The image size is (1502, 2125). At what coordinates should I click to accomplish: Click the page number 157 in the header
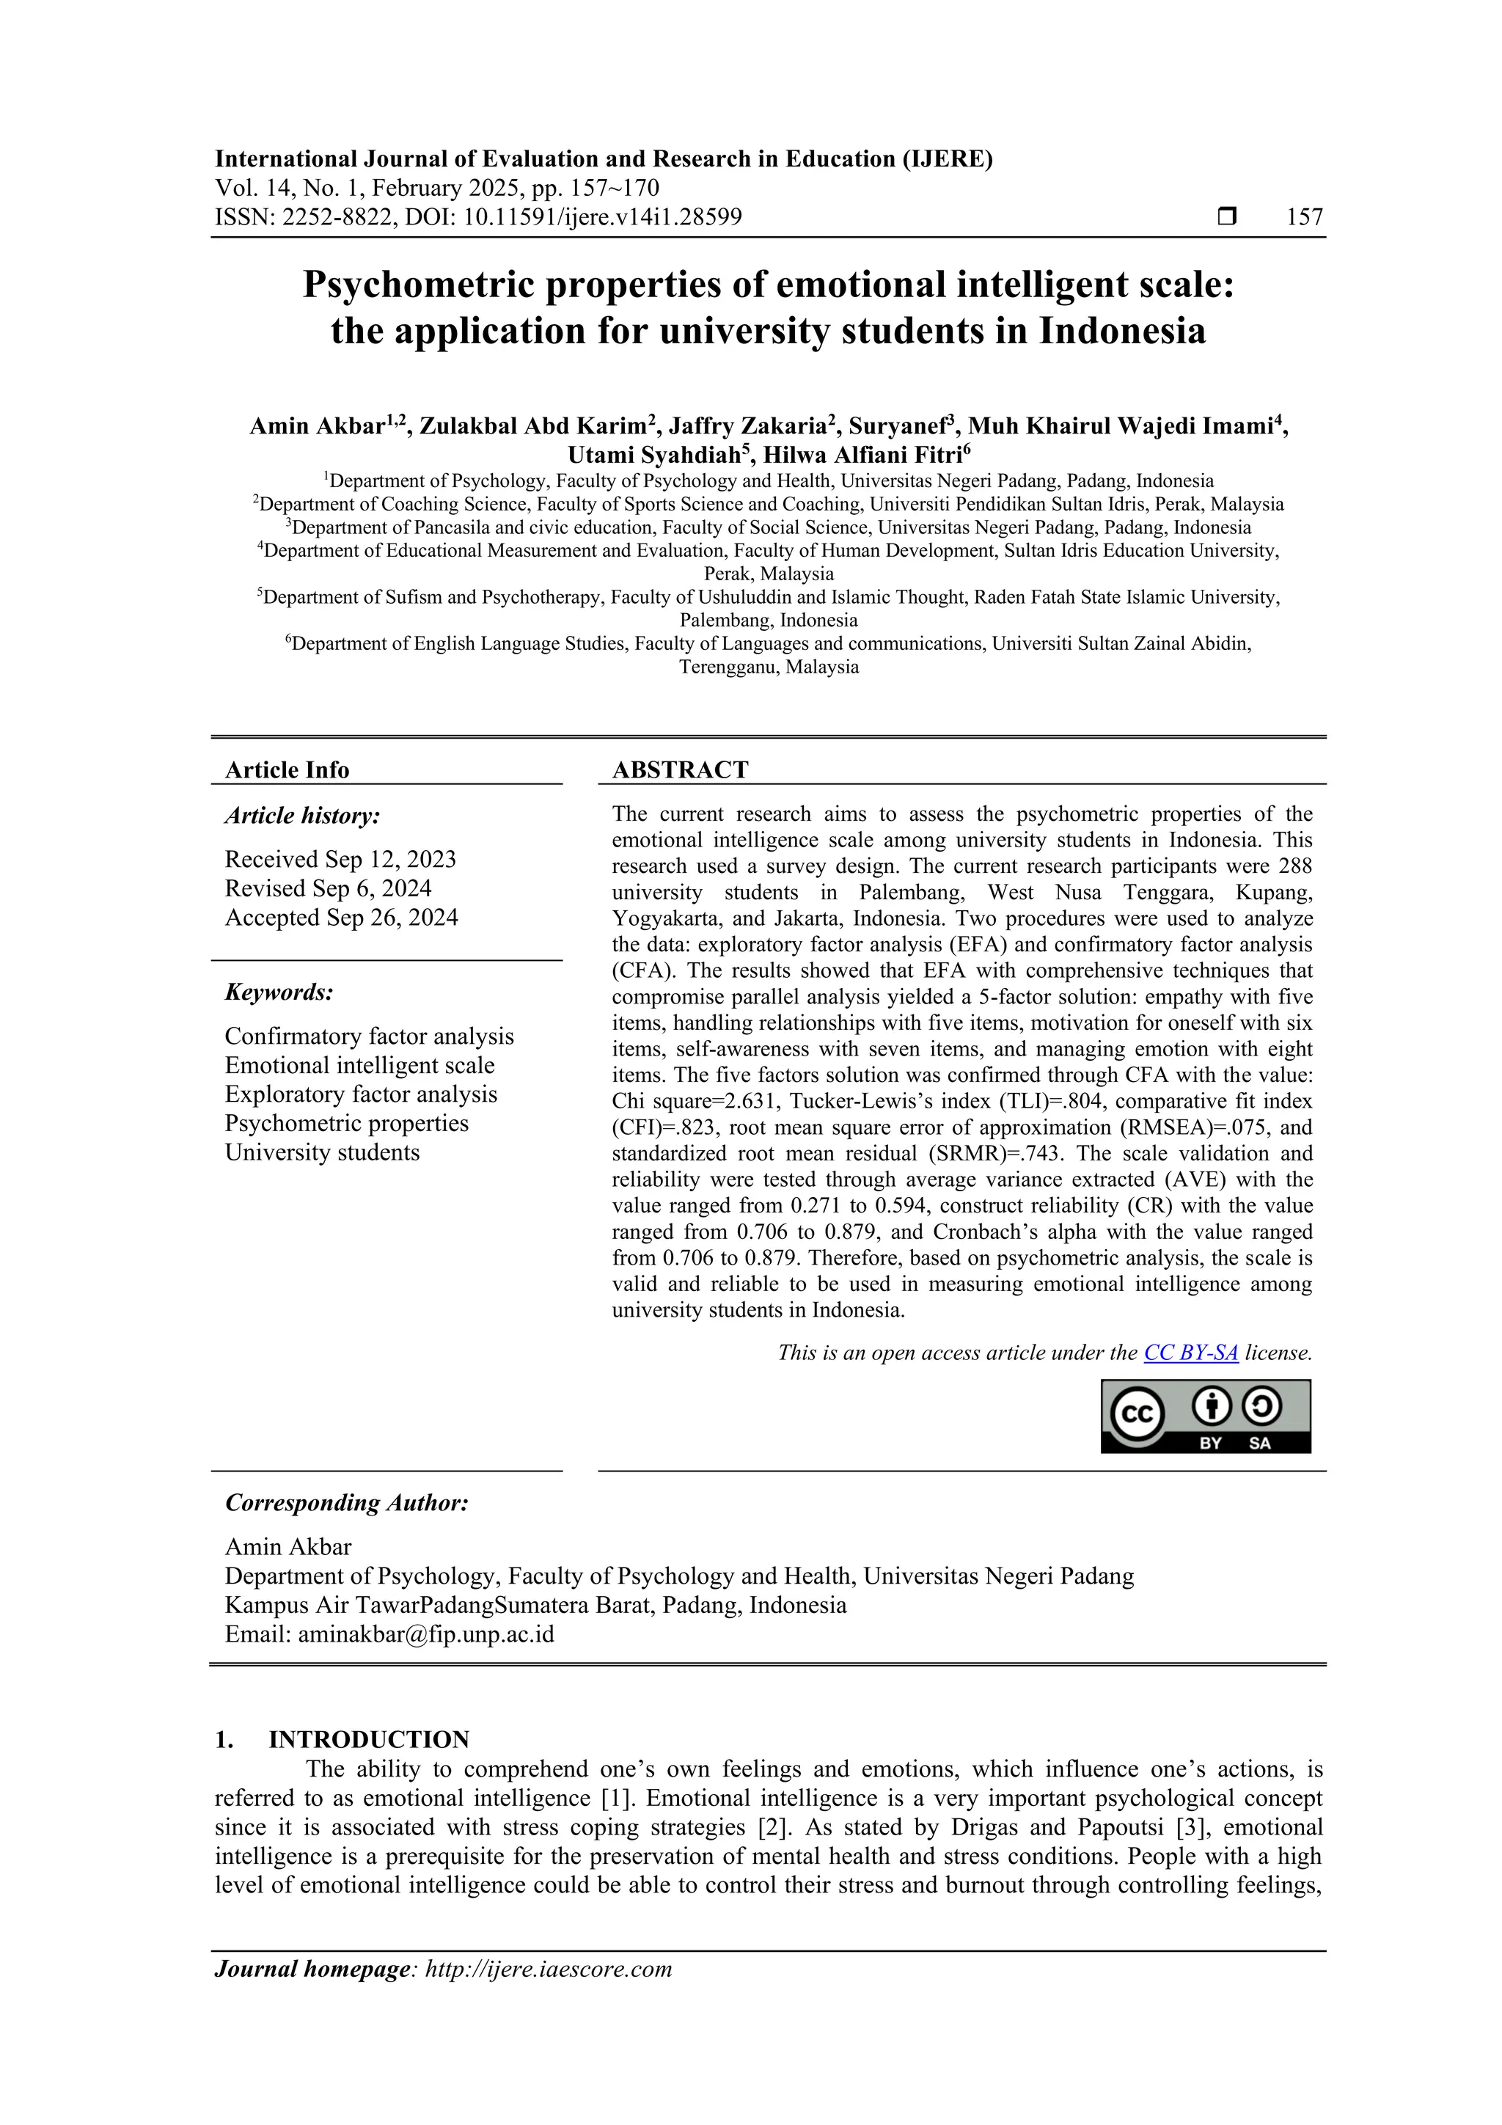point(1304,218)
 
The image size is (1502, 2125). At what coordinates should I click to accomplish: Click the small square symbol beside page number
point(1226,216)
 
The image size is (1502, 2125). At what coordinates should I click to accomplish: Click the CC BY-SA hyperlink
point(1190,1353)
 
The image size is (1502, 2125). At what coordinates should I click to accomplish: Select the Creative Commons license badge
point(1205,1416)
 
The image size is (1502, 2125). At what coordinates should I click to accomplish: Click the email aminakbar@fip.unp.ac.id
point(425,1634)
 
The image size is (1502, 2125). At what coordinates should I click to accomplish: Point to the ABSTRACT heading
point(679,770)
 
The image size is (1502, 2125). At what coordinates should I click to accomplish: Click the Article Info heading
point(287,770)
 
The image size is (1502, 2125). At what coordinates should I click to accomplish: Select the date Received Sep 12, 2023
point(340,860)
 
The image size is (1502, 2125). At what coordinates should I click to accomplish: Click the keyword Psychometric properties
point(346,1124)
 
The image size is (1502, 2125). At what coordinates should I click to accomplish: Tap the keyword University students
point(322,1152)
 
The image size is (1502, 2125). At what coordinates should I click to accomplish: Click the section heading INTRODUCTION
point(368,1740)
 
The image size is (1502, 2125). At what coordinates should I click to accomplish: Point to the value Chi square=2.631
point(693,1101)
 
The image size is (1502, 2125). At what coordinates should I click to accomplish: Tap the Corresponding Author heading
point(346,1503)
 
